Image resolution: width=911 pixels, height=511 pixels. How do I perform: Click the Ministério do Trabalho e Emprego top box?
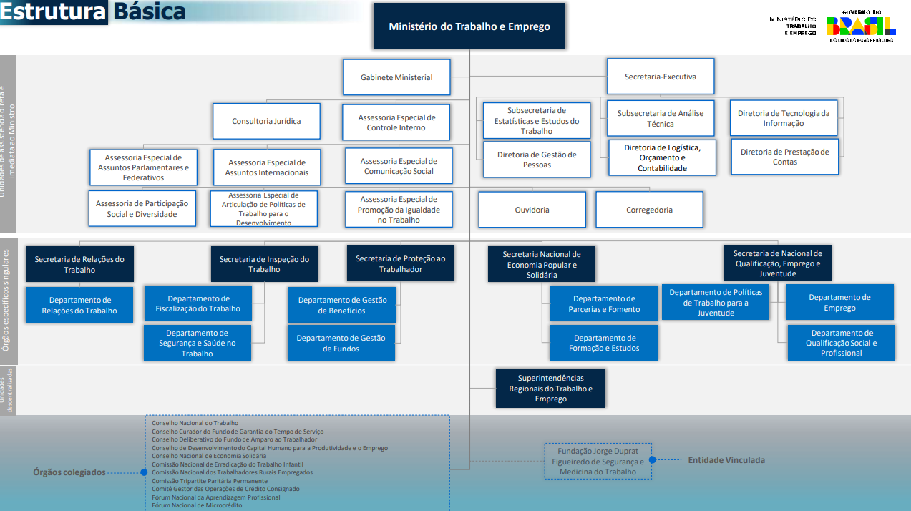[469, 26]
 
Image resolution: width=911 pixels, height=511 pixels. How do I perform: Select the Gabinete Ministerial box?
[396, 77]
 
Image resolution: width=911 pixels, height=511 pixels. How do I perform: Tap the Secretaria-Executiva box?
[661, 77]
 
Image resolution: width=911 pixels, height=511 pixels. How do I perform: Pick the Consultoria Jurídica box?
[266, 122]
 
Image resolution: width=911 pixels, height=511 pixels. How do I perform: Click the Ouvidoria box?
[532, 210]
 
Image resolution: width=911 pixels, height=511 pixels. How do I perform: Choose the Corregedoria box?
[649, 210]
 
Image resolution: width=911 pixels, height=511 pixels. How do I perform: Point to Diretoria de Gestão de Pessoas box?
[537, 160]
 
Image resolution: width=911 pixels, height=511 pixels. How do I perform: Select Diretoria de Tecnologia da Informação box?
[784, 118]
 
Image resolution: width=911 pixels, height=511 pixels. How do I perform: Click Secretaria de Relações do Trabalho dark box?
[79, 264]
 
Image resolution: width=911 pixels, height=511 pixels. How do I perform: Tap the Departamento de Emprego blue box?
[839, 302]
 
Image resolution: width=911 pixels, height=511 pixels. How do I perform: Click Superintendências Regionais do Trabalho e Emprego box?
[550, 388]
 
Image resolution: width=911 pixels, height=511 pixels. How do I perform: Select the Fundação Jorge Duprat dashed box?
[598, 461]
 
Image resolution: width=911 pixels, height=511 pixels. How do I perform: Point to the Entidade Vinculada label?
[726, 460]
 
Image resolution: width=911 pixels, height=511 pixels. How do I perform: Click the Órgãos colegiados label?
[69, 472]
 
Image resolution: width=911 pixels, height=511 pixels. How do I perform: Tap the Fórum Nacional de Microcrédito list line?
[197, 505]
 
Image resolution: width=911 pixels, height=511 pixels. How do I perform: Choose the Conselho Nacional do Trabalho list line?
[195, 423]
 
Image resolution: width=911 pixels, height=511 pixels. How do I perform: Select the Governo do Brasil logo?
[861, 26]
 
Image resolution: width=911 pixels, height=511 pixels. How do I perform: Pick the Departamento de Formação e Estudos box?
[604, 343]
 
